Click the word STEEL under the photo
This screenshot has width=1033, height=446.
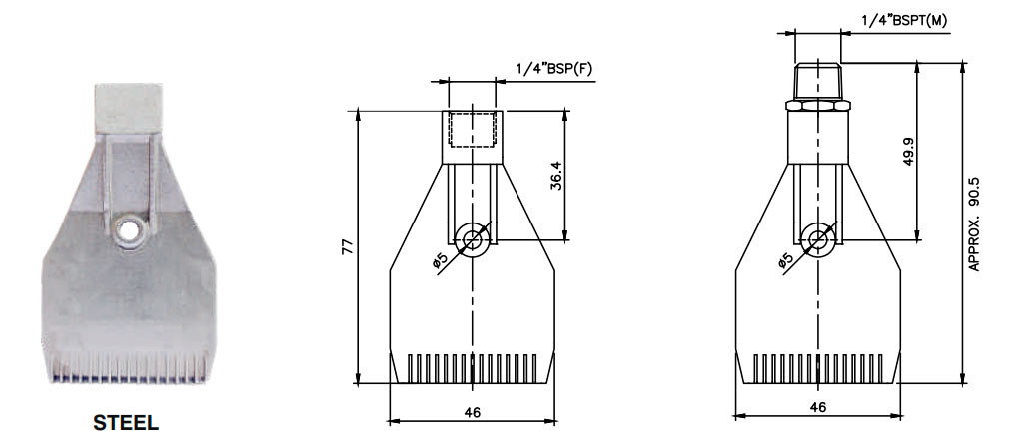click(x=126, y=423)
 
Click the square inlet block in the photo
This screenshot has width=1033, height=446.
click(x=129, y=108)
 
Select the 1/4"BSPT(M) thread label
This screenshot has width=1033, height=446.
click(x=904, y=20)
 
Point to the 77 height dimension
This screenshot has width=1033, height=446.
click(x=349, y=247)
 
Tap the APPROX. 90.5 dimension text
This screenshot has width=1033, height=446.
click(x=974, y=223)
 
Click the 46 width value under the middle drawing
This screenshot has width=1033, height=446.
click(x=472, y=412)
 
